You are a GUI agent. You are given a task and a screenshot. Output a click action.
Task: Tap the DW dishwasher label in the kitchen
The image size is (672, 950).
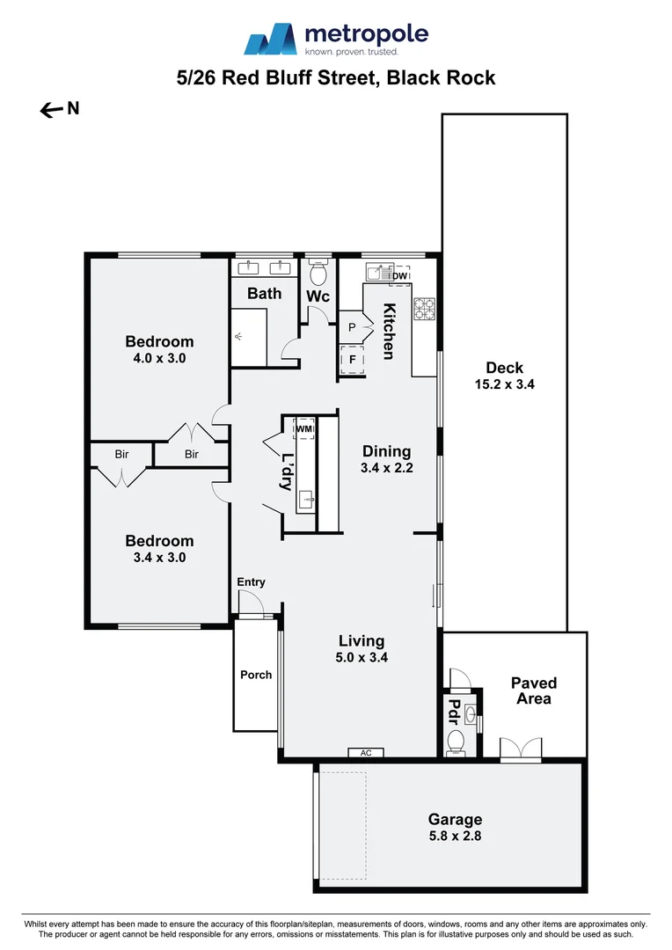tap(399, 276)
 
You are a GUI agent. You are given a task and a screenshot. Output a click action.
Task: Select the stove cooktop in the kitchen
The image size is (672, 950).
tap(425, 310)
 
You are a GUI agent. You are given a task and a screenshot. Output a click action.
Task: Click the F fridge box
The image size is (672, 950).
tap(352, 360)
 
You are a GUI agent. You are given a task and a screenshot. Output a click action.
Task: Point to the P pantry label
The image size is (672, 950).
tap(352, 327)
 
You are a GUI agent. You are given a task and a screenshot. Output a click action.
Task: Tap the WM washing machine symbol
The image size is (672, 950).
tap(304, 428)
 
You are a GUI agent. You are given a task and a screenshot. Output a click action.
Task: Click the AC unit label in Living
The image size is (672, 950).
tap(366, 753)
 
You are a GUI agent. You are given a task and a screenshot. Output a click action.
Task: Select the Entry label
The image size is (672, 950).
tap(251, 582)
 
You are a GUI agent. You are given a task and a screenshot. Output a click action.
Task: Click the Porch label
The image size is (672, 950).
tap(256, 675)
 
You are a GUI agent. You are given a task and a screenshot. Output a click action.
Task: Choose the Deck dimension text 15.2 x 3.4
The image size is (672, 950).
tap(504, 384)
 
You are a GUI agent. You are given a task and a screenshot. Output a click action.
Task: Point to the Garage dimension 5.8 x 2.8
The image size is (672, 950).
tap(455, 836)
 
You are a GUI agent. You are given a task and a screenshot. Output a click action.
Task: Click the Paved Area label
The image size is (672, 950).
tap(534, 691)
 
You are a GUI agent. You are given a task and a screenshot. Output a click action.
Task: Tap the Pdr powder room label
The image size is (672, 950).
tap(455, 710)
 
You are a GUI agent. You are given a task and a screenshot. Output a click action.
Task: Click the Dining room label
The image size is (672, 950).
tap(386, 451)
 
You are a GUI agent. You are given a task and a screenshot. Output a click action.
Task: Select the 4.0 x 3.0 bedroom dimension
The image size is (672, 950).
tap(159, 358)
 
